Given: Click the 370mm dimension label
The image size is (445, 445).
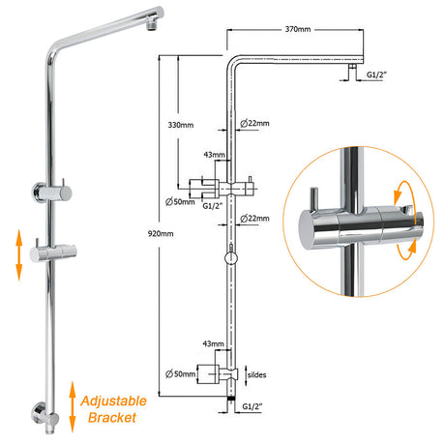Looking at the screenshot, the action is [x=298, y=29].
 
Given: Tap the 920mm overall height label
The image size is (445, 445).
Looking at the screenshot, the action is [x=161, y=233].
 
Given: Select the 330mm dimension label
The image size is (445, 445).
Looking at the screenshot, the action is [x=181, y=125].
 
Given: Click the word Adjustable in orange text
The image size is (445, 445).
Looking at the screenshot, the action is [x=113, y=401].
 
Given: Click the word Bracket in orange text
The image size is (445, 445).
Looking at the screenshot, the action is [x=112, y=418].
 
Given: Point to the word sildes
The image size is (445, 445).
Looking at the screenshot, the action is [x=256, y=374].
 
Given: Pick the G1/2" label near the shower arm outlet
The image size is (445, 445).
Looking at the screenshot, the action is [x=376, y=74].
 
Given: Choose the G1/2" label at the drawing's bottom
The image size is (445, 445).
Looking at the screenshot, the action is [x=252, y=406].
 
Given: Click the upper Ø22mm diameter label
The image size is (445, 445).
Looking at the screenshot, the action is [x=254, y=123].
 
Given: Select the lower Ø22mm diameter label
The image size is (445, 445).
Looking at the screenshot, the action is [x=254, y=219].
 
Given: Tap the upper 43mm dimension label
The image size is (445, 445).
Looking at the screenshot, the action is [x=214, y=155].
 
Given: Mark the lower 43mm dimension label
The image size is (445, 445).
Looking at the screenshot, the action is [x=213, y=343].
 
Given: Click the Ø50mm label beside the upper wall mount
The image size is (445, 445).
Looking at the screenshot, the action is [x=180, y=202].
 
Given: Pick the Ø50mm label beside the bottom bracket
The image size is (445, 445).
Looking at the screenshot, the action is [x=180, y=374].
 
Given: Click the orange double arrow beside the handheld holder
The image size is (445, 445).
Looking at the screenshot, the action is [x=19, y=254].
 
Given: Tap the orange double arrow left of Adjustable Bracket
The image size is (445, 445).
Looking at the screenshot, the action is [x=73, y=406].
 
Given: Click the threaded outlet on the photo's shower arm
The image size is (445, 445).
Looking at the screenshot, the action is [x=151, y=26].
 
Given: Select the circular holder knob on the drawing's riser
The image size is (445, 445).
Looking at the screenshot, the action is [x=231, y=258].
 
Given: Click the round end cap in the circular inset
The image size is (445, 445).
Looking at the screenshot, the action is [x=306, y=229].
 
